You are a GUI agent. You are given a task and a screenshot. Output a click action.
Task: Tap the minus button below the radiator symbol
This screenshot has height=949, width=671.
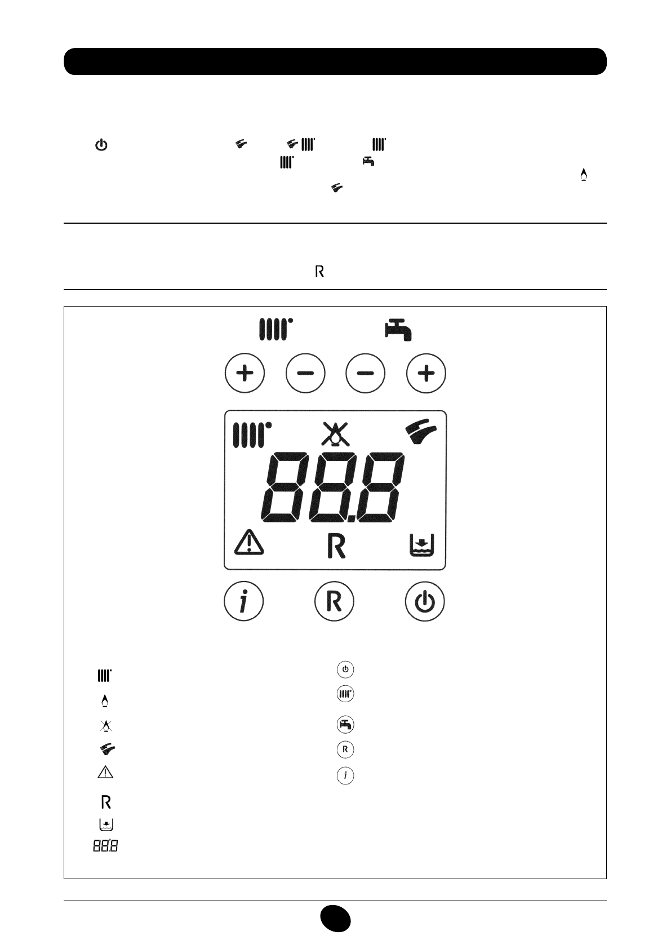point(305,373)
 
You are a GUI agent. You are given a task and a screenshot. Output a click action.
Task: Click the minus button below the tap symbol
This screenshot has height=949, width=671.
point(366,373)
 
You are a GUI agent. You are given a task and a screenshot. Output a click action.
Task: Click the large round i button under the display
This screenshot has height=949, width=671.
point(243,602)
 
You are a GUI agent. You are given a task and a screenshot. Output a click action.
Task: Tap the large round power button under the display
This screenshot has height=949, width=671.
point(425,602)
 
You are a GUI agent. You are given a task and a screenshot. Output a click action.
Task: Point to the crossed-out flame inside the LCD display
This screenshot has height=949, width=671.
point(335,433)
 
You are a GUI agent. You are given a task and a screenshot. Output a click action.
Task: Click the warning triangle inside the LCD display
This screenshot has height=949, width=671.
point(248,543)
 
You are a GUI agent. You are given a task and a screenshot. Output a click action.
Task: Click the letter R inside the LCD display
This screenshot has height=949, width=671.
point(336,546)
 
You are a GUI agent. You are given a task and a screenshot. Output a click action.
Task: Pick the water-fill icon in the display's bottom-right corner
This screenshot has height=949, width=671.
point(421,545)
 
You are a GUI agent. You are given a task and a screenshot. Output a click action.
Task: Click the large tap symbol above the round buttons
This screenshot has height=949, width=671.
point(398,329)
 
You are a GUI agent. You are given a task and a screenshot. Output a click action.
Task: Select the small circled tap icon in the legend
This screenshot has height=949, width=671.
point(345,724)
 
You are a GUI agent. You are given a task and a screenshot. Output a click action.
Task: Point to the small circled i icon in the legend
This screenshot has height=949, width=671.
point(345,776)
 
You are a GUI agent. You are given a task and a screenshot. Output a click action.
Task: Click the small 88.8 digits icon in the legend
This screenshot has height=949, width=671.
point(105,846)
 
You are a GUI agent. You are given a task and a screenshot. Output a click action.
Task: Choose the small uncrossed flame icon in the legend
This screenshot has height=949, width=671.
point(105,700)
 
